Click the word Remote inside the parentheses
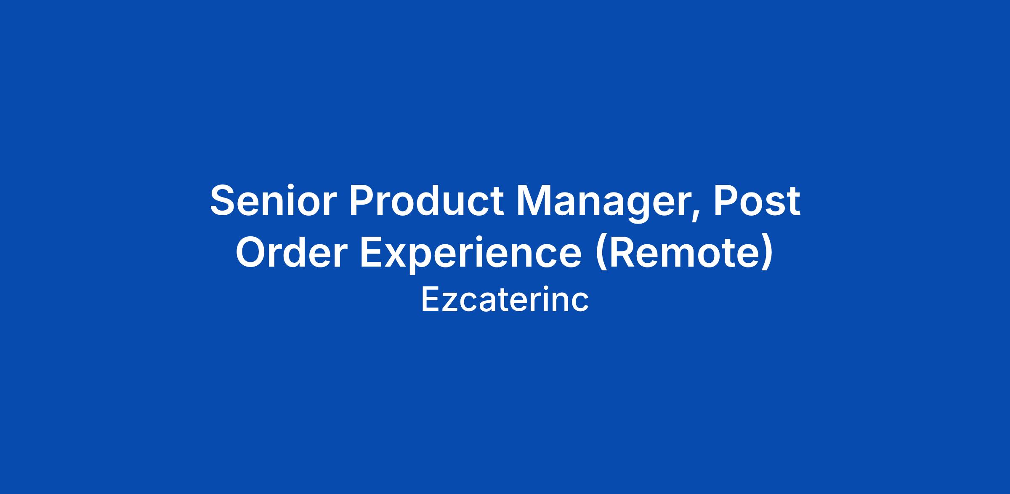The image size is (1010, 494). point(683,253)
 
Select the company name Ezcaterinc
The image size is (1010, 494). point(505,299)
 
